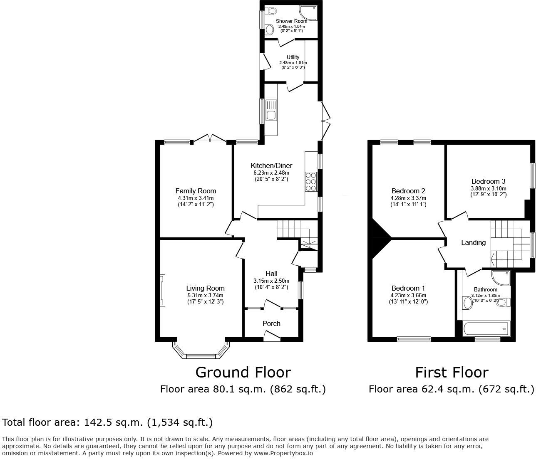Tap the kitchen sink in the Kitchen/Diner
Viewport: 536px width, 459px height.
271,111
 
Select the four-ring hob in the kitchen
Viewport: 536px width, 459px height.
311,182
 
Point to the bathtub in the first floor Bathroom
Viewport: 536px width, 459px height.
486,329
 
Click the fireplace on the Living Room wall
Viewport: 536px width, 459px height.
163,291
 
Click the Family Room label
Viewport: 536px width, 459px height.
196,191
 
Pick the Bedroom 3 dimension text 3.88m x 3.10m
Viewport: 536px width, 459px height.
489,188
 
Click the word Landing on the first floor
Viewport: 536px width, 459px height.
473,242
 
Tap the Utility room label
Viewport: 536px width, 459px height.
293,57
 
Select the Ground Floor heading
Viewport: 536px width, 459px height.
243,372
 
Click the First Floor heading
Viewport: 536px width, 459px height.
452,372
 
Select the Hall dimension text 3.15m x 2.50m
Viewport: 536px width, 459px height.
271,281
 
